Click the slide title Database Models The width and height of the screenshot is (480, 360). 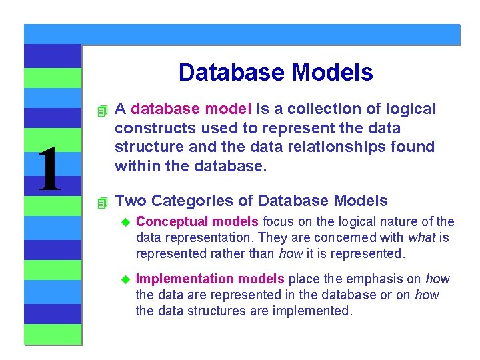(x=275, y=73)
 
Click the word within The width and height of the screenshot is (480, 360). (x=137, y=165)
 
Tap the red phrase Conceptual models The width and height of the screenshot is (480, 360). (x=197, y=221)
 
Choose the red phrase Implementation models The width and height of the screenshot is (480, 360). (x=210, y=279)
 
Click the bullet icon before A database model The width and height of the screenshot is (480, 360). (x=101, y=109)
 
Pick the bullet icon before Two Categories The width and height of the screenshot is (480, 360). (x=101, y=201)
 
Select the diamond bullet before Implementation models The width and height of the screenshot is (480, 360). (x=124, y=279)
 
